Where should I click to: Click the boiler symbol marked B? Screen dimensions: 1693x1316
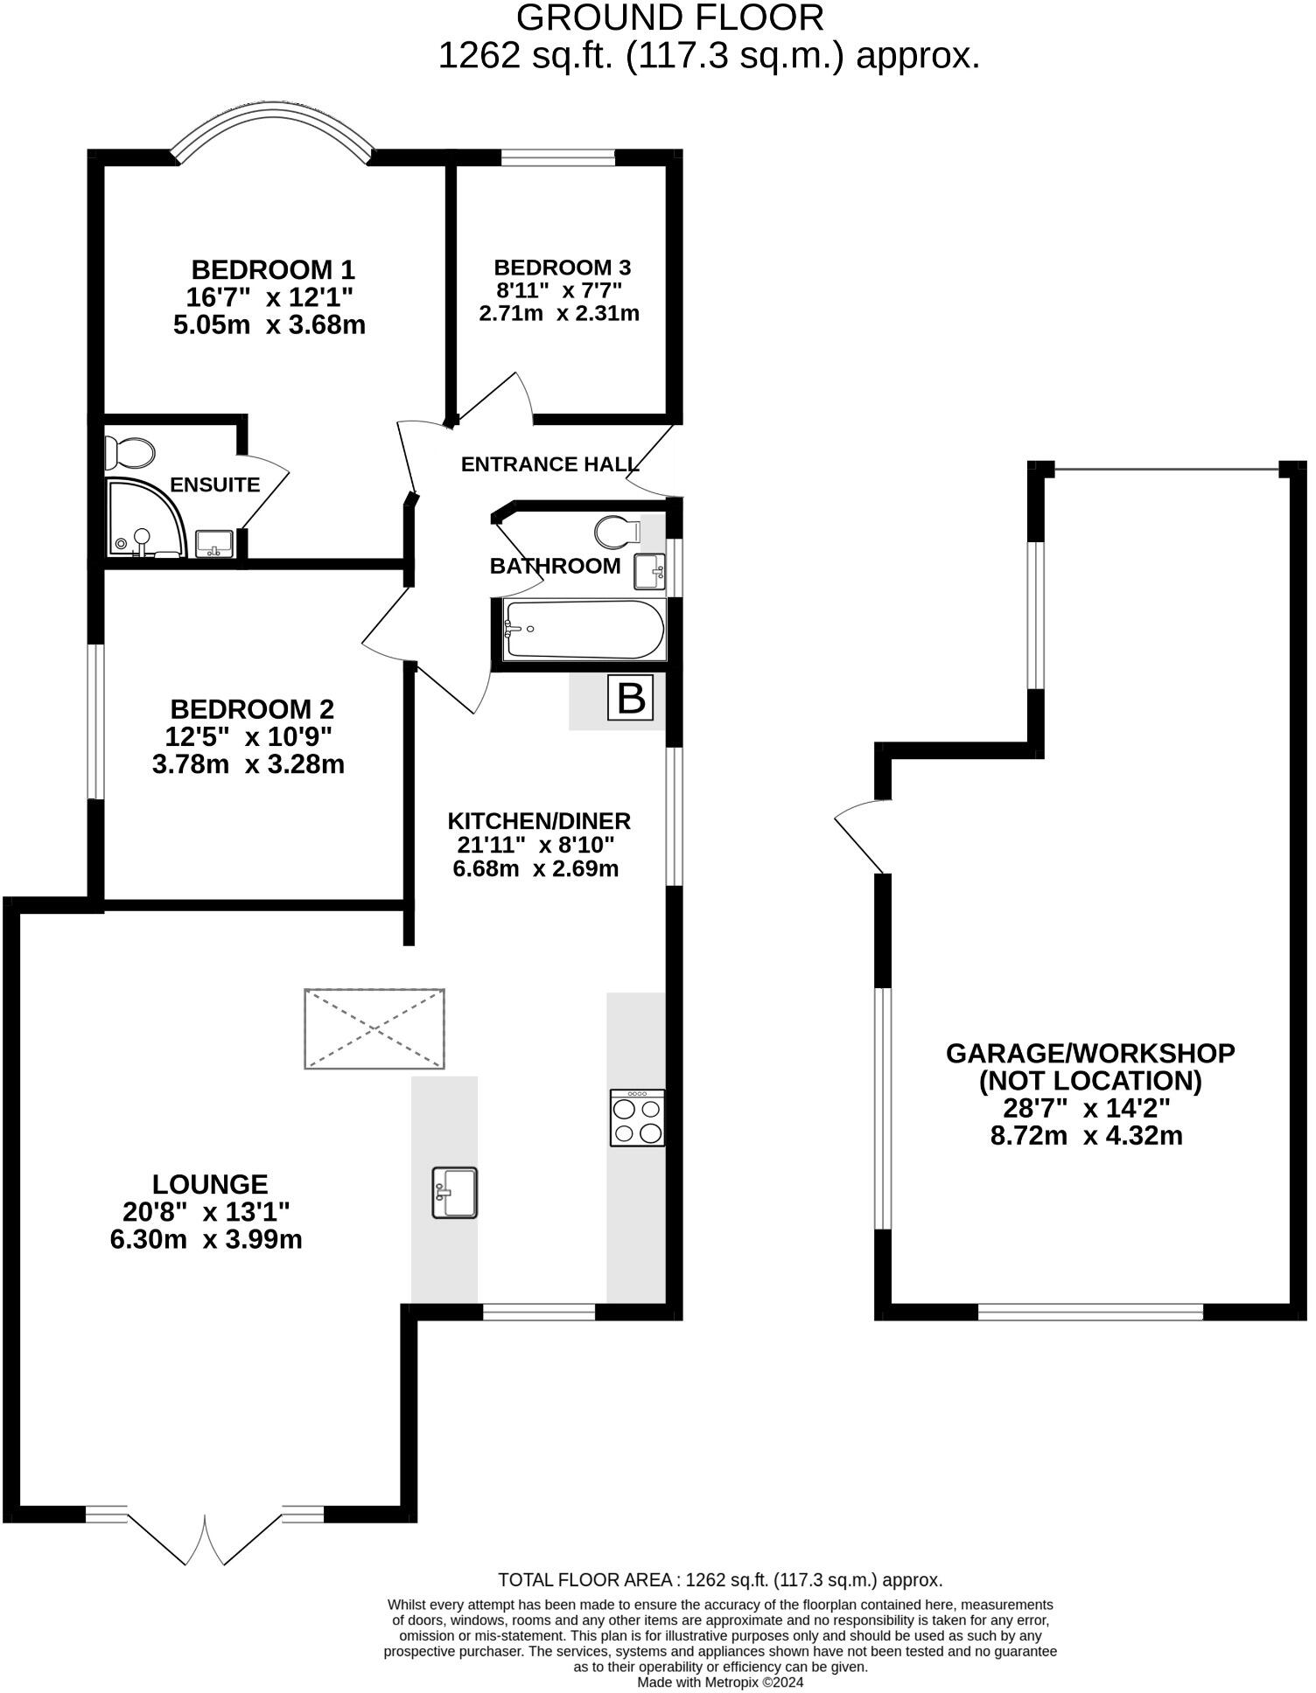(631, 698)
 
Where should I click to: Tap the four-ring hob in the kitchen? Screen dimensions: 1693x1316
(637, 1118)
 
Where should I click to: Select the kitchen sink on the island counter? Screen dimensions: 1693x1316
(455, 1193)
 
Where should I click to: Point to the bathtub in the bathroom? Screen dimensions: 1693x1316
(584, 630)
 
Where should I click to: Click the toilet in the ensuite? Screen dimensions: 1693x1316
(130, 453)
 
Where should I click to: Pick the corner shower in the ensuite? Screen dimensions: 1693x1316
(144, 518)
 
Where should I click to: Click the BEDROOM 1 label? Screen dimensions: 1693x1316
(273, 268)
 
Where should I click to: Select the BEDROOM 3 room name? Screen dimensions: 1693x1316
(562, 268)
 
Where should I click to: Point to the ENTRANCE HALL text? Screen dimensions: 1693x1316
(549, 464)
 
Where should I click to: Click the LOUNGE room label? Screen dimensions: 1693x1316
(210, 1184)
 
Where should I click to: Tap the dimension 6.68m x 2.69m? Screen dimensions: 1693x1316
(535, 869)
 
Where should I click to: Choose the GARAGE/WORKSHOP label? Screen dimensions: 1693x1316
(1090, 1053)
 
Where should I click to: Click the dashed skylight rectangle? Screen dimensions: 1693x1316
(374, 1028)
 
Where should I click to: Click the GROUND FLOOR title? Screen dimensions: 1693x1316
(670, 17)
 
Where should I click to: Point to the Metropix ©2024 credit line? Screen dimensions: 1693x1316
(720, 1682)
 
